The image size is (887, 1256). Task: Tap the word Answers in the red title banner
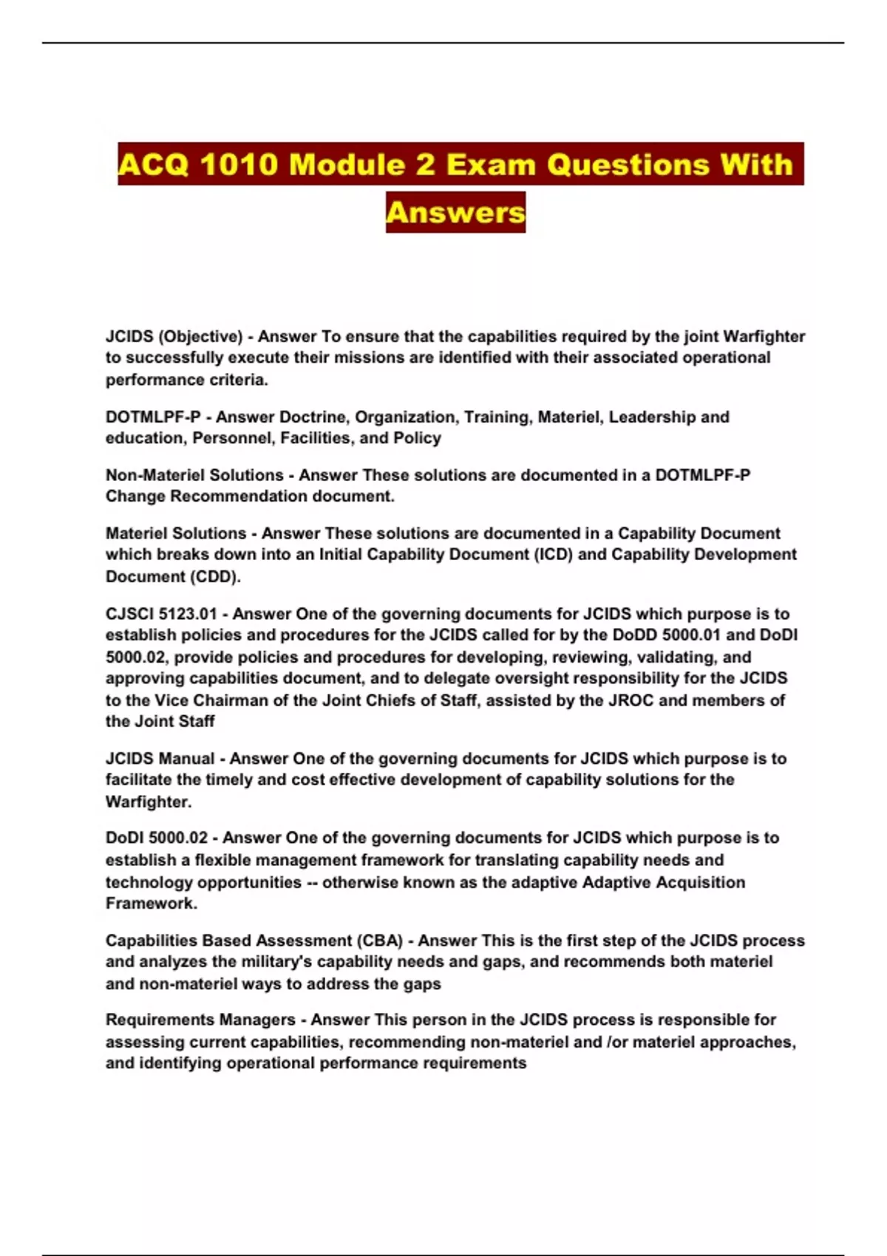click(x=455, y=213)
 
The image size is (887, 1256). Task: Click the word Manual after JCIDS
click(x=186, y=759)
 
